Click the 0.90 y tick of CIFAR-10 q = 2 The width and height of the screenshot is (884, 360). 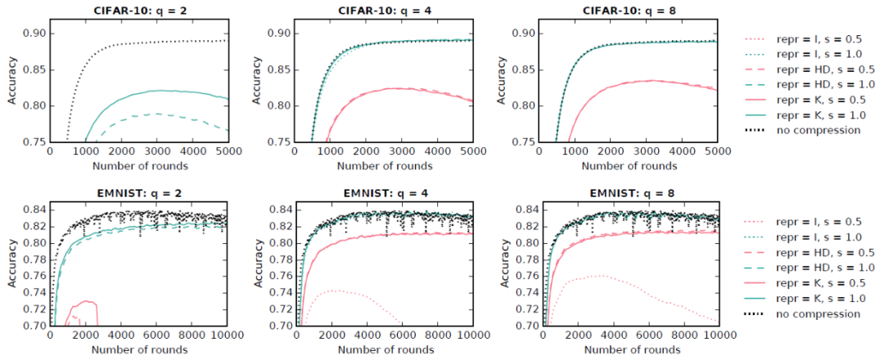[33, 34]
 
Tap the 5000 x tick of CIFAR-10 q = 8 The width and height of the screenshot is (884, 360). [717, 151]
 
